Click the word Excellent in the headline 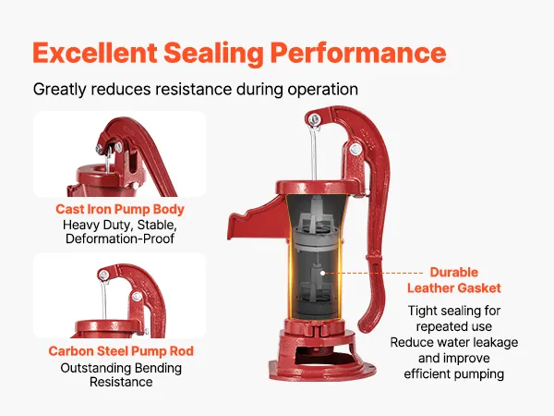(x=95, y=53)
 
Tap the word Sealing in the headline (x=214, y=54)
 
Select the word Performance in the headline (x=358, y=53)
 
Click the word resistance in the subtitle (x=193, y=89)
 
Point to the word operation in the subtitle (x=322, y=90)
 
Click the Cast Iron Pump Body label (x=120, y=209)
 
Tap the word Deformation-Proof (x=120, y=239)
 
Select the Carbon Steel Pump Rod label (x=121, y=351)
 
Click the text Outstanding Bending (x=121, y=368)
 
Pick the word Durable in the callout (x=454, y=272)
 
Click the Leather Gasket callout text (x=454, y=288)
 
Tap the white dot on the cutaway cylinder (x=322, y=273)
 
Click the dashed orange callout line (x=374, y=273)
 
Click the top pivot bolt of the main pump (x=314, y=119)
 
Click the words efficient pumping (x=454, y=374)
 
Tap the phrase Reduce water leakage (x=454, y=342)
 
